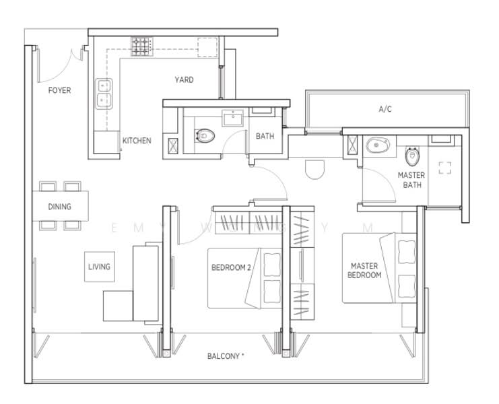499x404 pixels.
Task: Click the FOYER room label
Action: tap(60, 90)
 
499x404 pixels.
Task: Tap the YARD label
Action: tap(184, 80)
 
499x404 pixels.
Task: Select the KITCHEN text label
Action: tap(137, 141)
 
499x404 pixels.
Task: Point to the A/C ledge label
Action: tap(385, 108)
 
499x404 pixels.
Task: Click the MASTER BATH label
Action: tap(411, 180)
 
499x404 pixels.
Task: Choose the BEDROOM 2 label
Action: tap(231, 267)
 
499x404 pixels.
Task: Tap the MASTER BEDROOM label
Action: tap(364, 271)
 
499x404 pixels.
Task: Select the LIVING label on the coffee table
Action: tap(99, 267)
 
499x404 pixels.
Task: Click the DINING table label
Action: tap(59, 207)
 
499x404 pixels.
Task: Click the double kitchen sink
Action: tap(105, 94)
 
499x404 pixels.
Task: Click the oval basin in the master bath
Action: tap(376, 145)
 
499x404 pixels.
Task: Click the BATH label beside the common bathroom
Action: tap(265, 136)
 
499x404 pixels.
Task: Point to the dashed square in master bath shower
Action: tap(444, 168)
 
